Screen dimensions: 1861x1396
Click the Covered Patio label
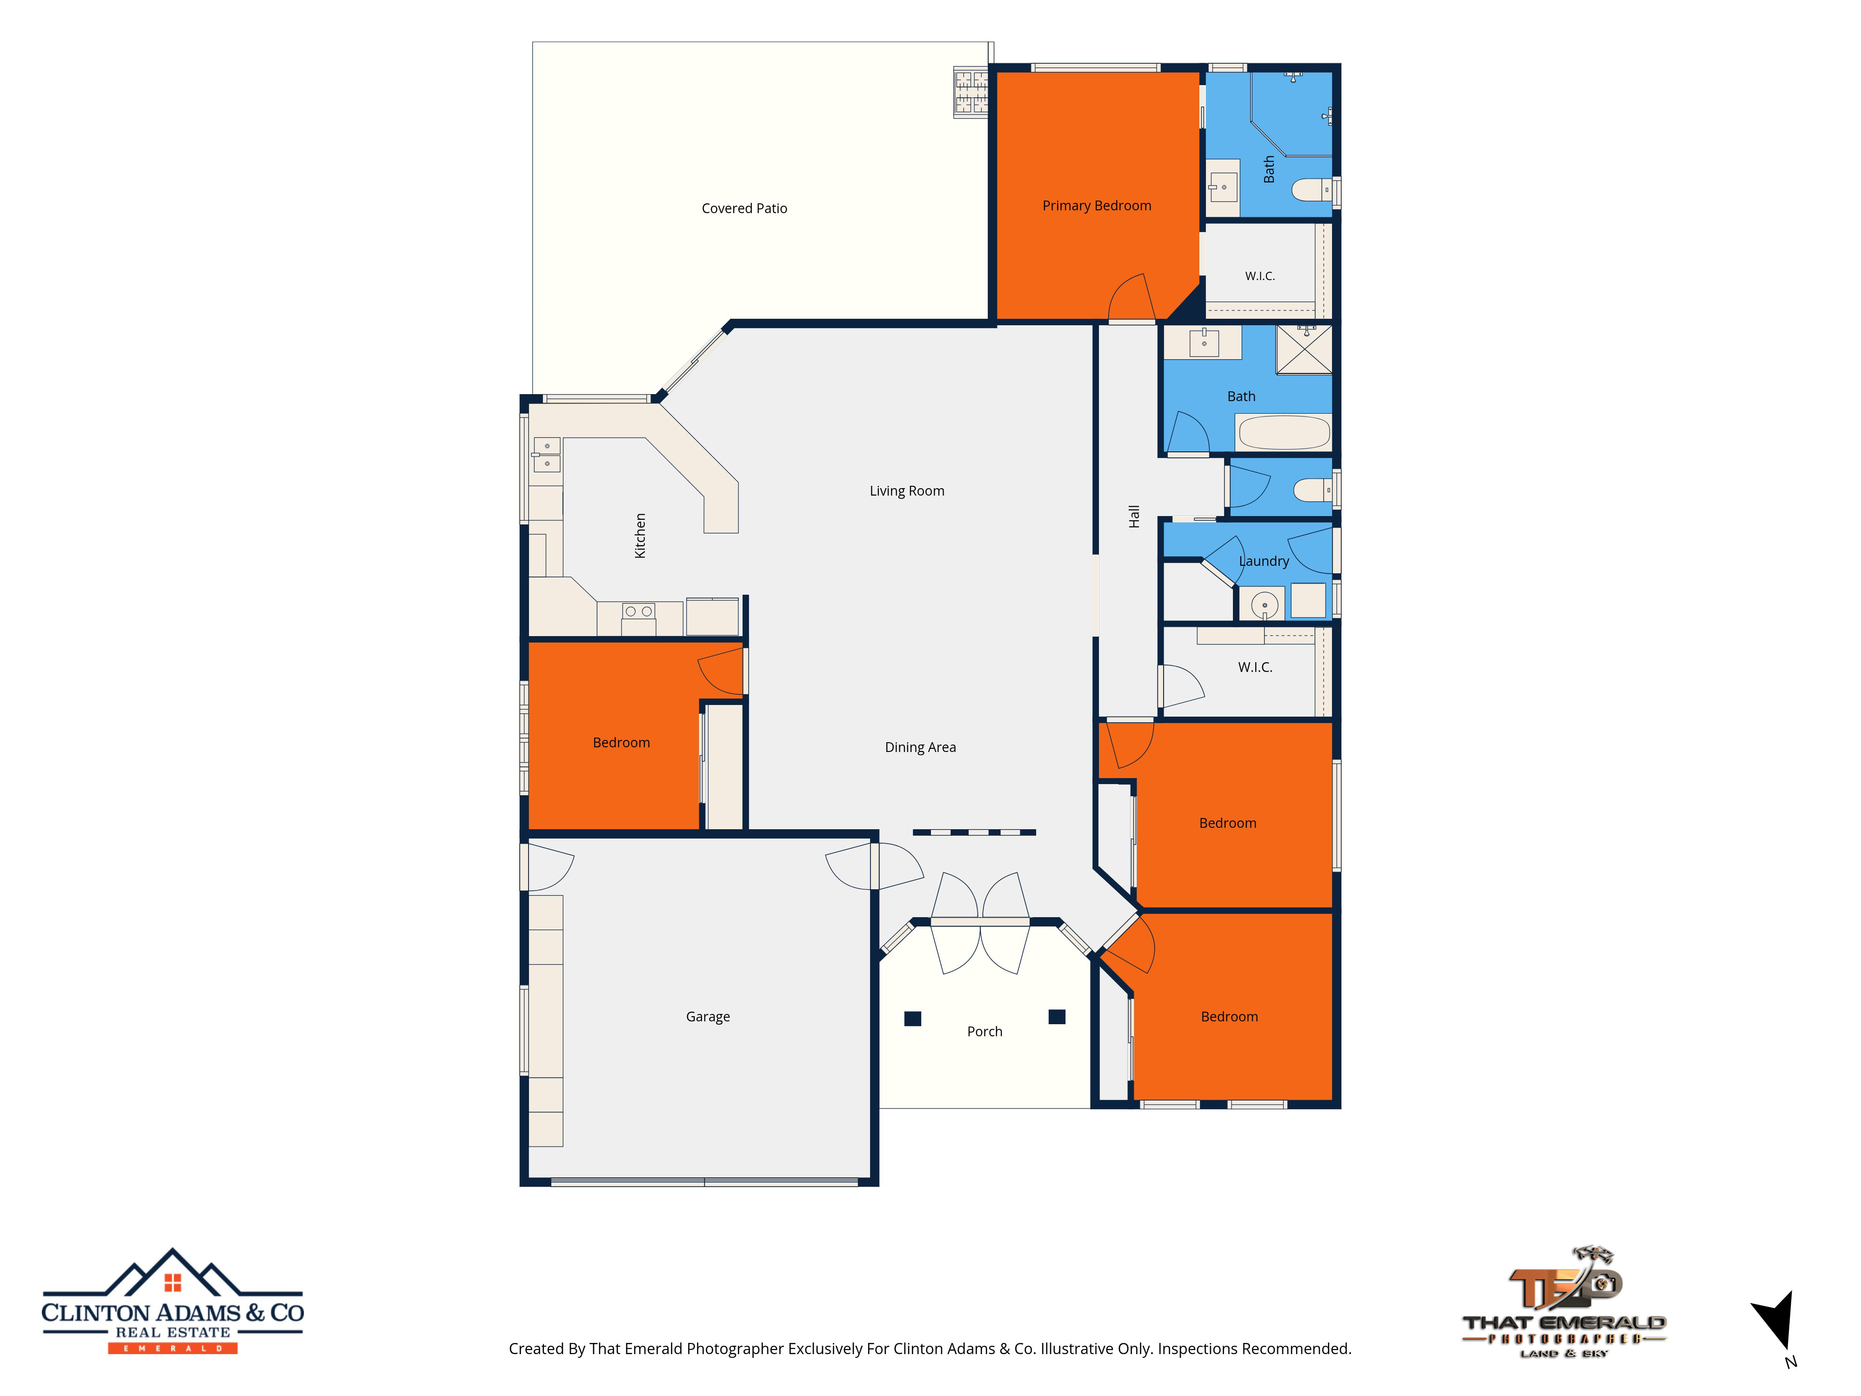pos(744,208)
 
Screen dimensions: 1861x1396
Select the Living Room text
pos(907,491)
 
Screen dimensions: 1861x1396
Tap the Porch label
pos(984,1032)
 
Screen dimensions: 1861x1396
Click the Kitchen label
pos(640,536)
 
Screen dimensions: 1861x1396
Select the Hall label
pos(1134,517)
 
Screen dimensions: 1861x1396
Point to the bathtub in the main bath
pos(1284,432)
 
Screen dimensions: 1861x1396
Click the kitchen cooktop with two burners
pos(639,612)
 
